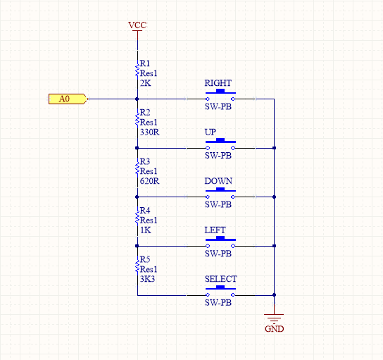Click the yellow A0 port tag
[68, 99]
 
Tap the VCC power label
[137, 25]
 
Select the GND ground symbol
[274, 318]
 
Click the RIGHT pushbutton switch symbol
[220, 95]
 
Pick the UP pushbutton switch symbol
[220, 144]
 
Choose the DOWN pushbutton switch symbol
[220, 193]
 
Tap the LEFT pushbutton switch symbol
[220, 242]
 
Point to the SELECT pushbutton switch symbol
[220, 291]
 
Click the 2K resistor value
[146, 83]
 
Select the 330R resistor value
[149, 132]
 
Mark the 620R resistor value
[149, 181]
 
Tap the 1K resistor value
[146, 230]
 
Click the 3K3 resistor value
[148, 279]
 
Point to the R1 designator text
[145, 63]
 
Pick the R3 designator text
[145, 161]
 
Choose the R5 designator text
[145, 259]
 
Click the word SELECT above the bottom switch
[221, 279]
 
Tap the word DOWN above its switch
[218, 181]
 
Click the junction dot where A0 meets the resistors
[137, 99]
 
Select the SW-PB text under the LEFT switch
[218, 254]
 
